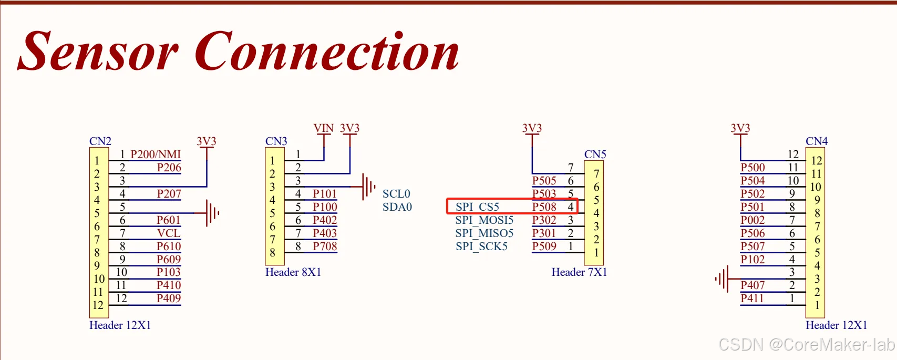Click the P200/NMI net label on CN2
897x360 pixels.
click(156, 155)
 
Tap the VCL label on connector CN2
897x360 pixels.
click(169, 233)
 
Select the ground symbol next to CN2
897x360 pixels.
click(212, 213)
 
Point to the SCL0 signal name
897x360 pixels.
click(396, 194)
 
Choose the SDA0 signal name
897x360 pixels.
click(397, 207)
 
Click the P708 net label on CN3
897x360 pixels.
click(325, 246)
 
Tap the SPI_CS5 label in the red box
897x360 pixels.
click(477, 207)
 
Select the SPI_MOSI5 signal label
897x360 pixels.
click(484, 220)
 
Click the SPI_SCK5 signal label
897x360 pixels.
click(481, 246)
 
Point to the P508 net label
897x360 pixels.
click(544, 207)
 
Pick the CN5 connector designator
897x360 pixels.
click(595, 155)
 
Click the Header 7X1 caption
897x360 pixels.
click(579, 272)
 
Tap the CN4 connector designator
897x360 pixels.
click(817, 141)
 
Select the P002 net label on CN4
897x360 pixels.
click(752, 220)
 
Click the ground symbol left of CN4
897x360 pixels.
click(722, 279)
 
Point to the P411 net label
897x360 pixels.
click(752, 299)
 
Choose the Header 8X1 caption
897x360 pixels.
click(293, 272)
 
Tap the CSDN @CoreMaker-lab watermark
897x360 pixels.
click(806, 345)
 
